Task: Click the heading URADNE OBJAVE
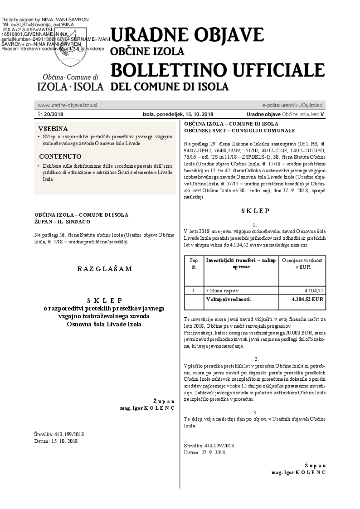pyautogui.click(x=187, y=35)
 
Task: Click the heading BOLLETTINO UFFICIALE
pyautogui.click(x=218, y=71)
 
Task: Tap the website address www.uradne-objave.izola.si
pyautogui.click(x=67, y=105)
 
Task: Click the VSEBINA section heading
pyautogui.click(x=53, y=129)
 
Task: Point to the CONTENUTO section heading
pyautogui.click(x=57, y=156)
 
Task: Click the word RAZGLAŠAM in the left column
pyautogui.click(x=104, y=268)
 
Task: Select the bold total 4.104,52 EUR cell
pyautogui.click(x=308, y=299)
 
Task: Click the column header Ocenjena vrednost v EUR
pyautogui.click(x=302, y=264)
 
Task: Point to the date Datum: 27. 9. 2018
pyautogui.click(x=204, y=452)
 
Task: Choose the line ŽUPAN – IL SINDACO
pyautogui.click(x=62, y=222)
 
